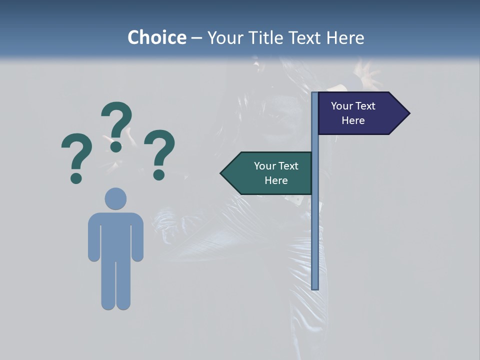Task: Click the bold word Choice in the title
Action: [156, 37]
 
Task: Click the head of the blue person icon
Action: [115, 198]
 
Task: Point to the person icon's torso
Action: [115, 235]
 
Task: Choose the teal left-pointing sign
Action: [270, 173]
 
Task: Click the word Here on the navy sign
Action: [353, 120]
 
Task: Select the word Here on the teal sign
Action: [276, 180]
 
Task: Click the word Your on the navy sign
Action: [342, 106]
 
